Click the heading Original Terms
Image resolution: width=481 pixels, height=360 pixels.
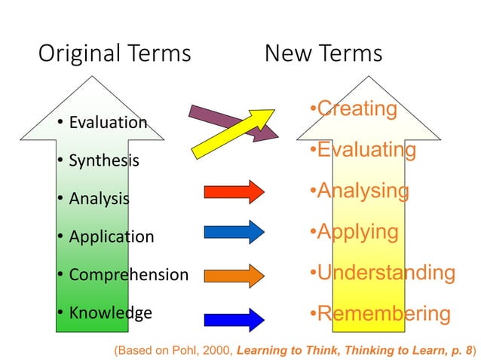click(x=114, y=54)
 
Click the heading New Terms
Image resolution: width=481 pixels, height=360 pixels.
click(x=323, y=54)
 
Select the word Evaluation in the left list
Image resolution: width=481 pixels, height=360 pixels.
click(x=108, y=122)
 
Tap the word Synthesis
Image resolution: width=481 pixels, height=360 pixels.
click(x=104, y=160)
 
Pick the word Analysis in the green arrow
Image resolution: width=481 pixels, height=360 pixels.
click(x=99, y=199)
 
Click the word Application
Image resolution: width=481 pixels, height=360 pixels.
click(x=111, y=236)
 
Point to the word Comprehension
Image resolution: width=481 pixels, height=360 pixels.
click(x=128, y=275)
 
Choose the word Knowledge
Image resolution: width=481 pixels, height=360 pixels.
click(x=110, y=313)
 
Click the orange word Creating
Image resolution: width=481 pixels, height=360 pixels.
click(x=357, y=109)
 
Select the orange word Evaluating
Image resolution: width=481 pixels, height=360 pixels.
click(x=366, y=150)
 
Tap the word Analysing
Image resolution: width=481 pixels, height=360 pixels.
click(x=363, y=191)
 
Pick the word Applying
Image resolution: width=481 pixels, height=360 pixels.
click(x=357, y=231)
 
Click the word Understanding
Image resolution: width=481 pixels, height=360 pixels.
click(x=385, y=273)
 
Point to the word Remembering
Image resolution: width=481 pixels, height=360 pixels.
click(x=384, y=313)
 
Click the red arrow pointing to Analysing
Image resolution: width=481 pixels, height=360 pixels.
click(x=234, y=192)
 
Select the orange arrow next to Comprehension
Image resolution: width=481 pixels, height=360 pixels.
click(x=234, y=274)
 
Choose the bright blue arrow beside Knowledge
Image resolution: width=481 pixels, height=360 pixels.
click(x=234, y=319)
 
